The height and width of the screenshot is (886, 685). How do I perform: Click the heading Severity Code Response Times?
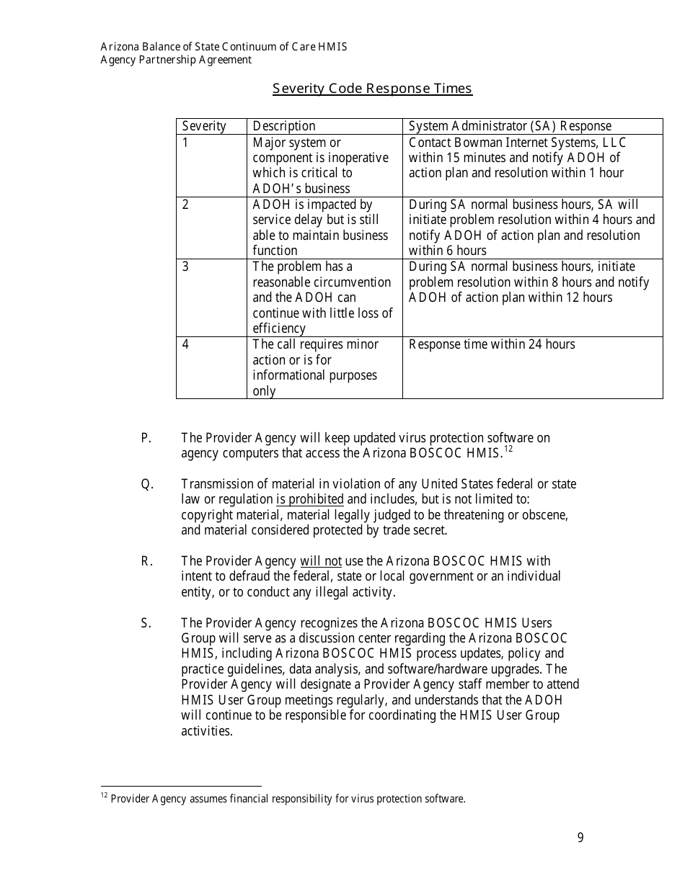point(372,89)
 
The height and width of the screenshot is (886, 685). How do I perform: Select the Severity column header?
point(204,126)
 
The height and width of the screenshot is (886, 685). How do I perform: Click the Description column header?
point(284,126)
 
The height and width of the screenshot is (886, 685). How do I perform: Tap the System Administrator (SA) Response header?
point(510,126)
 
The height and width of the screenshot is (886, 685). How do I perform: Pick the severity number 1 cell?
point(186,143)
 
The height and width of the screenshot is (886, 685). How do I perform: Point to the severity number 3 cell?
point(186,267)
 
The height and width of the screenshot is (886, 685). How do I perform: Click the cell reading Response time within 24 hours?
point(492,344)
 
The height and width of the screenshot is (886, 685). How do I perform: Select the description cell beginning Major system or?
point(320,165)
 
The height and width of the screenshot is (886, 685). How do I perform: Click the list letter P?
point(146,438)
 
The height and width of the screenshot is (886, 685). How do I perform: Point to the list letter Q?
point(146,484)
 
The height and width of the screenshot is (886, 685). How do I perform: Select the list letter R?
point(146,561)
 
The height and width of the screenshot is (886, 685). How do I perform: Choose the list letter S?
point(146,623)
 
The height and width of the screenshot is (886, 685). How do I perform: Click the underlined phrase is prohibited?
point(310,500)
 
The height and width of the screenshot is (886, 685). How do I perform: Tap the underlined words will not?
point(321,561)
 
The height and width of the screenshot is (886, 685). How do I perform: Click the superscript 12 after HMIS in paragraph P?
point(508,449)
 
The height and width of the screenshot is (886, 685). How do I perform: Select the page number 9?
point(580,838)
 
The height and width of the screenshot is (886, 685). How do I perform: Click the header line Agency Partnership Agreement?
point(176,60)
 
